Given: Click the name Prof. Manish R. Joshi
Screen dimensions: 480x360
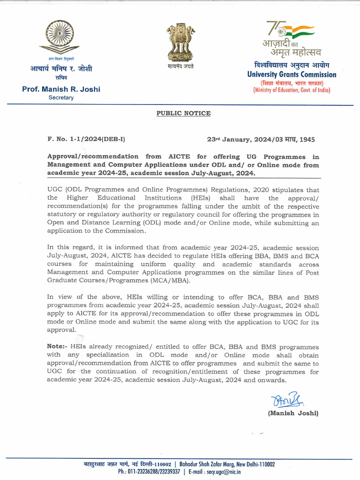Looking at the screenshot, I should click(61, 89).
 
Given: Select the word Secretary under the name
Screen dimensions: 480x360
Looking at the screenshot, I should click(61, 97).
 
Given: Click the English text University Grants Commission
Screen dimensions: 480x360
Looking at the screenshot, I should click(292, 75).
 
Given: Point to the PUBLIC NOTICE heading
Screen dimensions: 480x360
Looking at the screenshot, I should click(183, 113).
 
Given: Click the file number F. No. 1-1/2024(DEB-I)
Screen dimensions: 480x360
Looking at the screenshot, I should click(86, 140).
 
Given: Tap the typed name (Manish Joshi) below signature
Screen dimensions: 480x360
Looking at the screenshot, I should click(293, 413).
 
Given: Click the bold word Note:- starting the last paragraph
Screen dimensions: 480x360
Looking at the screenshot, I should click(57, 347).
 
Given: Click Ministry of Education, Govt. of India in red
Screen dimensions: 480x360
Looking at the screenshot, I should click(292, 90).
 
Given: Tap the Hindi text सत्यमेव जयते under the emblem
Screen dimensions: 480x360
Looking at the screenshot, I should click(181, 67).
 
